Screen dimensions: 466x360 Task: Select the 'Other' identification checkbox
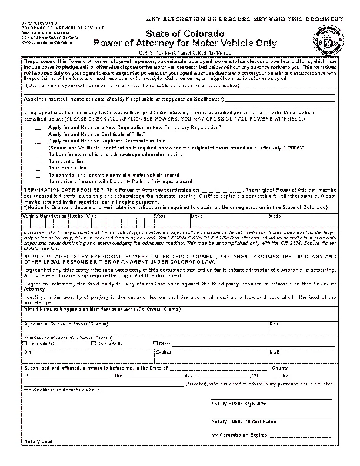coord(155,343)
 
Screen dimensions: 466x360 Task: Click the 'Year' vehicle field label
coord(159,216)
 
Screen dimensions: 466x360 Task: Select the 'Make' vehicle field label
coord(196,216)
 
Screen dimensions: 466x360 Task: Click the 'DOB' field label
coord(274,352)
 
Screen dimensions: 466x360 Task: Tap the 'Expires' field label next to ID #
coord(164,352)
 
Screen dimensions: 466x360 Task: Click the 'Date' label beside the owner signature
coord(275,324)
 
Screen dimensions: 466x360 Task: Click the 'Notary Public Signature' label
coord(238,404)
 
